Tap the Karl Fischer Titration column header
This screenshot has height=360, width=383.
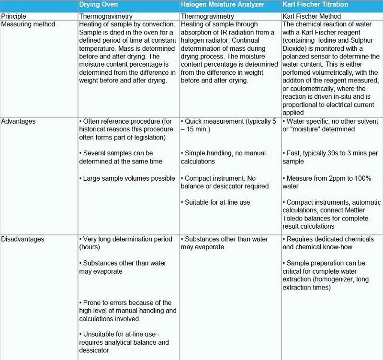pos(315,5)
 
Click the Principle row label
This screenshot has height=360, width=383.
pos(13,16)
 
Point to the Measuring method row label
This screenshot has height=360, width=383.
pos(28,24)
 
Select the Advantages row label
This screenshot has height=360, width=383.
pos(18,121)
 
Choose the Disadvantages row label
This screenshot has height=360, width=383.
pos(23,239)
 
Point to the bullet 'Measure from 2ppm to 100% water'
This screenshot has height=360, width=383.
pos(329,182)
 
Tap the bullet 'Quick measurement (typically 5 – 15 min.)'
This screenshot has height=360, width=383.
pos(229,126)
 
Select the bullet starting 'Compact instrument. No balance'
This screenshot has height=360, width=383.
pos(225,182)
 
